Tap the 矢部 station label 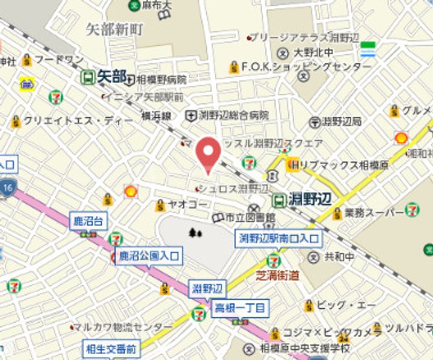(x=112, y=76)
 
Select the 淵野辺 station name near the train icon (x=309, y=198)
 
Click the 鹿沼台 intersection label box (x=88, y=222)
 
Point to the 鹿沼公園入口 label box (x=149, y=255)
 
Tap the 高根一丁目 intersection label (x=240, y=309)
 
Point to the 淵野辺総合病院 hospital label (x=234, y=115)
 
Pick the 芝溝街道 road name (x=277, y=276)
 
